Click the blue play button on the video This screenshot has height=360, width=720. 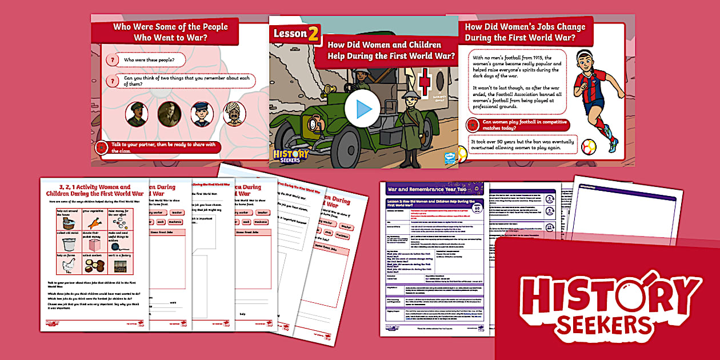pos(362,110)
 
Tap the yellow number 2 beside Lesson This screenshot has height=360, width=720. pos(314,34)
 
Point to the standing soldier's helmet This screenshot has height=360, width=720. pos(410,97)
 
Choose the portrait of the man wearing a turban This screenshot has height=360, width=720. pos(234,113)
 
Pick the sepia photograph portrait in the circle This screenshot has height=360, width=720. pos(169,113)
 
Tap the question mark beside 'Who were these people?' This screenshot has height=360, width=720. pos(113,60)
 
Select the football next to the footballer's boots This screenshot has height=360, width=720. pos(589,147)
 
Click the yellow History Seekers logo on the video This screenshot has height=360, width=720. pos(291,155)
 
